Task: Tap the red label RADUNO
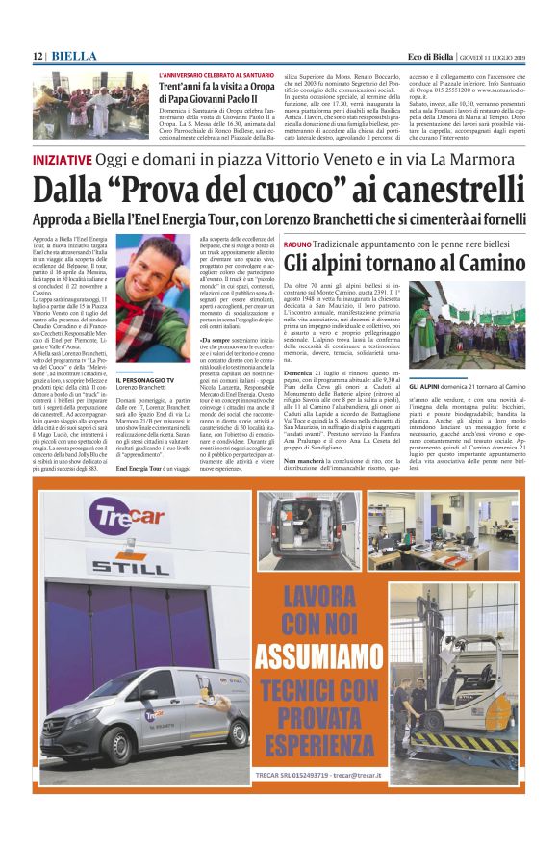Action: [298, 246]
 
